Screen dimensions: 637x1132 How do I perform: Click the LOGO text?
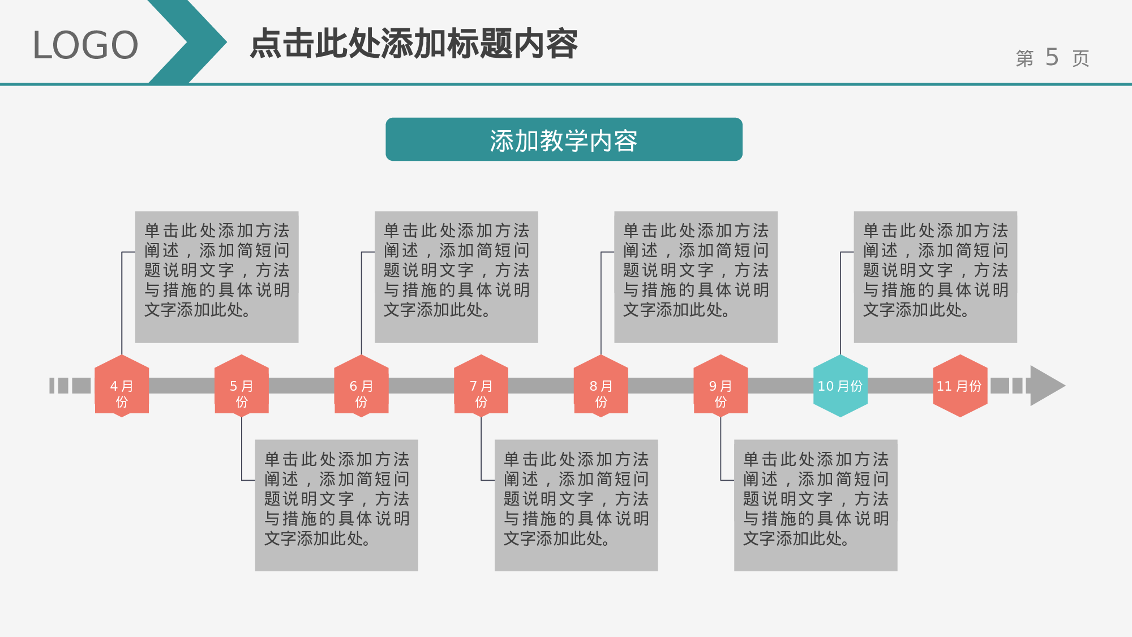coord(85,45)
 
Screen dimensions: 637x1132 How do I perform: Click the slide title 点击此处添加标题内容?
coord(414,44)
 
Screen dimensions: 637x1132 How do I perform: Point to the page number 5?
coord(1052,57)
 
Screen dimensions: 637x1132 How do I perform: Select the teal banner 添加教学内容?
coord(564,140)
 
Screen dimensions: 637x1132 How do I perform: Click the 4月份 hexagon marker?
coord(122,386)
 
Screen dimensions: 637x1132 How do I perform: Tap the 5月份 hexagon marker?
coord(242,386)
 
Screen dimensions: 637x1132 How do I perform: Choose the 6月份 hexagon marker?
coord(361,386)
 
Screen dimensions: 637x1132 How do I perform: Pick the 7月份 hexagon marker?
coord(481,386)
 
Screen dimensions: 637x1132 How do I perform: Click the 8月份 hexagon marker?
coord(601,386)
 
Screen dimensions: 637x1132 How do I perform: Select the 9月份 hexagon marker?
coord(721,386)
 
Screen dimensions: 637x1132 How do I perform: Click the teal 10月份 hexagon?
coord(841,386)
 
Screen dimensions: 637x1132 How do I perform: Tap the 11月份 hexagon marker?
coord(960,386)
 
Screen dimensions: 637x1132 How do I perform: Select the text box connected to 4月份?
coord(217,277)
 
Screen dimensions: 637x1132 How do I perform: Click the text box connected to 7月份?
coord(576,505)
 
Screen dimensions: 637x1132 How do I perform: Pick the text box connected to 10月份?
coord(935,277)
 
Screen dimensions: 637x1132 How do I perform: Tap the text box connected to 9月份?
coord(816,505)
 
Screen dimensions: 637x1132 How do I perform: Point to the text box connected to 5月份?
coord(337,505)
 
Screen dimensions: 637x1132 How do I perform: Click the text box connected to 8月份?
coord(696,277)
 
